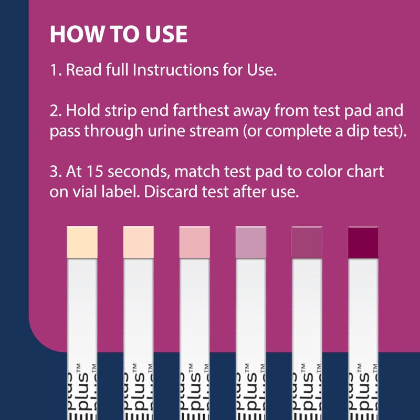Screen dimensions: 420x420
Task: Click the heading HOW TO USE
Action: tap(118, 34)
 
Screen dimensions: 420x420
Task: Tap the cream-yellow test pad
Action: tap(82, 241)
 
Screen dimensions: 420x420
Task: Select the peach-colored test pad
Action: tap(138, 241)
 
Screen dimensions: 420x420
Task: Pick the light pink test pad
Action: tap(194, 241)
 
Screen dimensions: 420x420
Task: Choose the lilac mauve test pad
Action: tap(251, 241)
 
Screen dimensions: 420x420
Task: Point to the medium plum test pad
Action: tap(307, 241)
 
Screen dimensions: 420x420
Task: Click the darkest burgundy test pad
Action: tap(363, 241)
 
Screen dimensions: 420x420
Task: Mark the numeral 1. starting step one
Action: tap(55, 70)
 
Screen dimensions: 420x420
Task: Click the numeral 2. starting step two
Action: tap(55, 111)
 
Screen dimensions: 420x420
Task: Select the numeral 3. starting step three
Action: tap(55, 172)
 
